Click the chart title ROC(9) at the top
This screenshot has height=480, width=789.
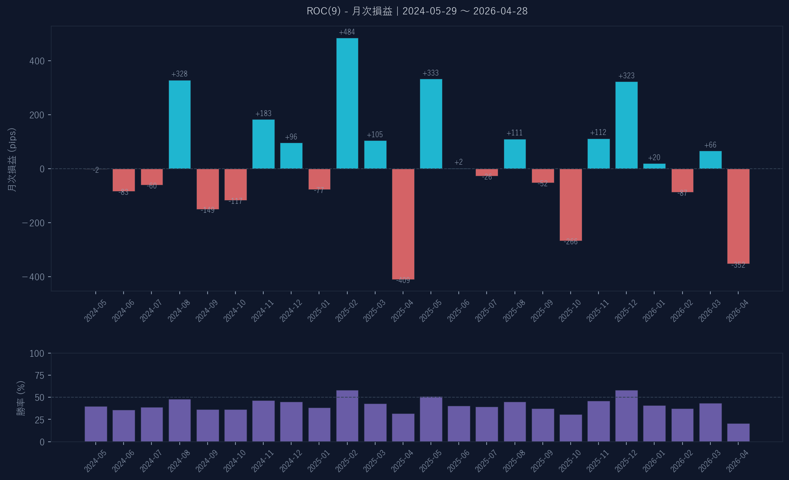click(417, 11)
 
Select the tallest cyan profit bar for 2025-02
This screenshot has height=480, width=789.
click(347, 103)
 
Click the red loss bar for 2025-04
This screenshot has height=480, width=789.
click(403, 224)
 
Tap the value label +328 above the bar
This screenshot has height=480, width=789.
click(179, 74)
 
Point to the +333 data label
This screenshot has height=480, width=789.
click(430, 73)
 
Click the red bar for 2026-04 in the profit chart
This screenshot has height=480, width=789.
click(738, 216)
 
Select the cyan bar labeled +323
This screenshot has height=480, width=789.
click(626, 125)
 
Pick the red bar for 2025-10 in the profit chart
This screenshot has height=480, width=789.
click(571, 205)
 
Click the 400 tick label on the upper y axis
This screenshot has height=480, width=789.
click(37, 61)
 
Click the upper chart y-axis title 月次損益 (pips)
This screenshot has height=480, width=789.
click(12, 160)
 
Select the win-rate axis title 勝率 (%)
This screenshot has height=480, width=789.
click(21, 398)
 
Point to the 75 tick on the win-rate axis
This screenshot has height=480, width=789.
click(40, 375)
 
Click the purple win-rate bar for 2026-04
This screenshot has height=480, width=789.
click(738, 432)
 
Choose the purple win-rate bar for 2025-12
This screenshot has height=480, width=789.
click(626, 416)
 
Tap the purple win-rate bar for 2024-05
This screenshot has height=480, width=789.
click(96, 424)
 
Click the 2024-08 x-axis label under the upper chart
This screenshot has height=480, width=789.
click(179, 311)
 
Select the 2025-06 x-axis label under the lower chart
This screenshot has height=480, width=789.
click(459, 461)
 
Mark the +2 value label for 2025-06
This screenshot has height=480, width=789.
click(458, 162)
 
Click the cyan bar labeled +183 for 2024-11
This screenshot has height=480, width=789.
click(263, 144)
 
